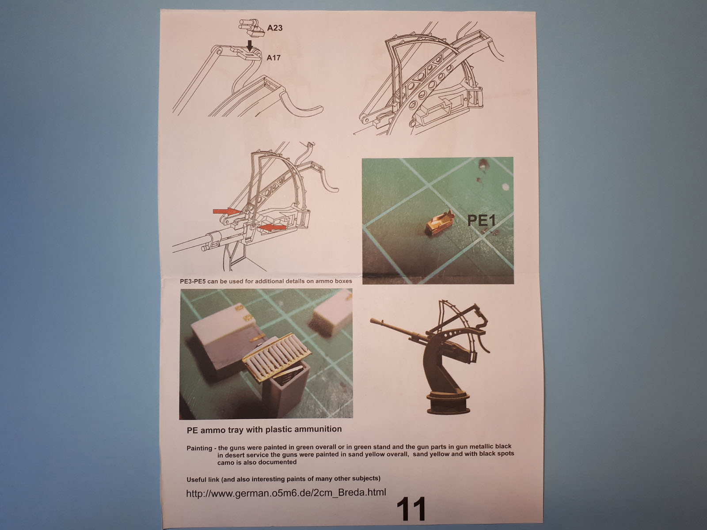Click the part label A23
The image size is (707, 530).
(274, 28)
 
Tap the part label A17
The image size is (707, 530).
(274, 58)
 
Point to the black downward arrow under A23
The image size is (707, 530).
(249, 45)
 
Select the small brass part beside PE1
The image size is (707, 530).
(439, 222)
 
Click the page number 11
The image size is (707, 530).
(411, 509)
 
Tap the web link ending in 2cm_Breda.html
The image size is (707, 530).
(286, 492)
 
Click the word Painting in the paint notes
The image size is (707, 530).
(199, 448)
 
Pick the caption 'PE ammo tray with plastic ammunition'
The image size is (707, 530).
(264, 430)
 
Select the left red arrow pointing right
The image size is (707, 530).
(227, 212)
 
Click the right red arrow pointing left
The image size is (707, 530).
(272, 227)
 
